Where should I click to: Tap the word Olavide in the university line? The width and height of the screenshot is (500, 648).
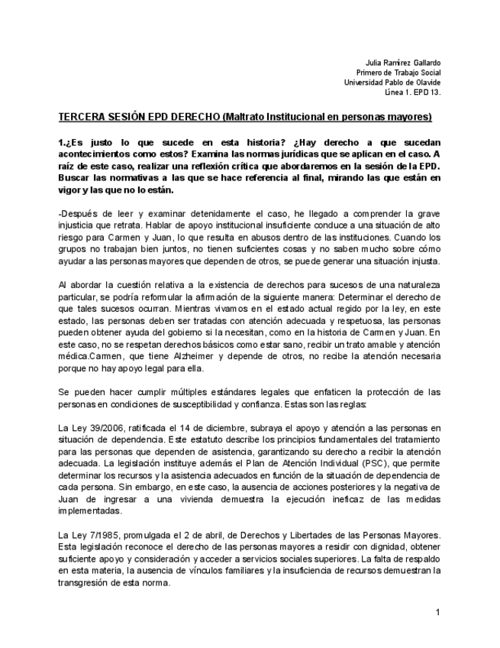click(x=427, y=83)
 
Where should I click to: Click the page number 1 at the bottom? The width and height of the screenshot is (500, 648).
click(x=438, y=612)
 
